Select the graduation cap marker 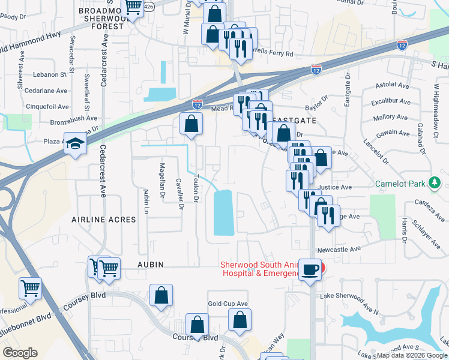pos(76,144)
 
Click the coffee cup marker pos(310,270)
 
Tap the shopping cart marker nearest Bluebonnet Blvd pos(30,288)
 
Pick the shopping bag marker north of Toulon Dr pos(191,125)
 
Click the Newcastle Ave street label pos(340,248)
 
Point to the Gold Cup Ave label pos(228,304)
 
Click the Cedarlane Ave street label pos(47,91)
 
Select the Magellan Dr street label pos(162,180)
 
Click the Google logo pos(20,353)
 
